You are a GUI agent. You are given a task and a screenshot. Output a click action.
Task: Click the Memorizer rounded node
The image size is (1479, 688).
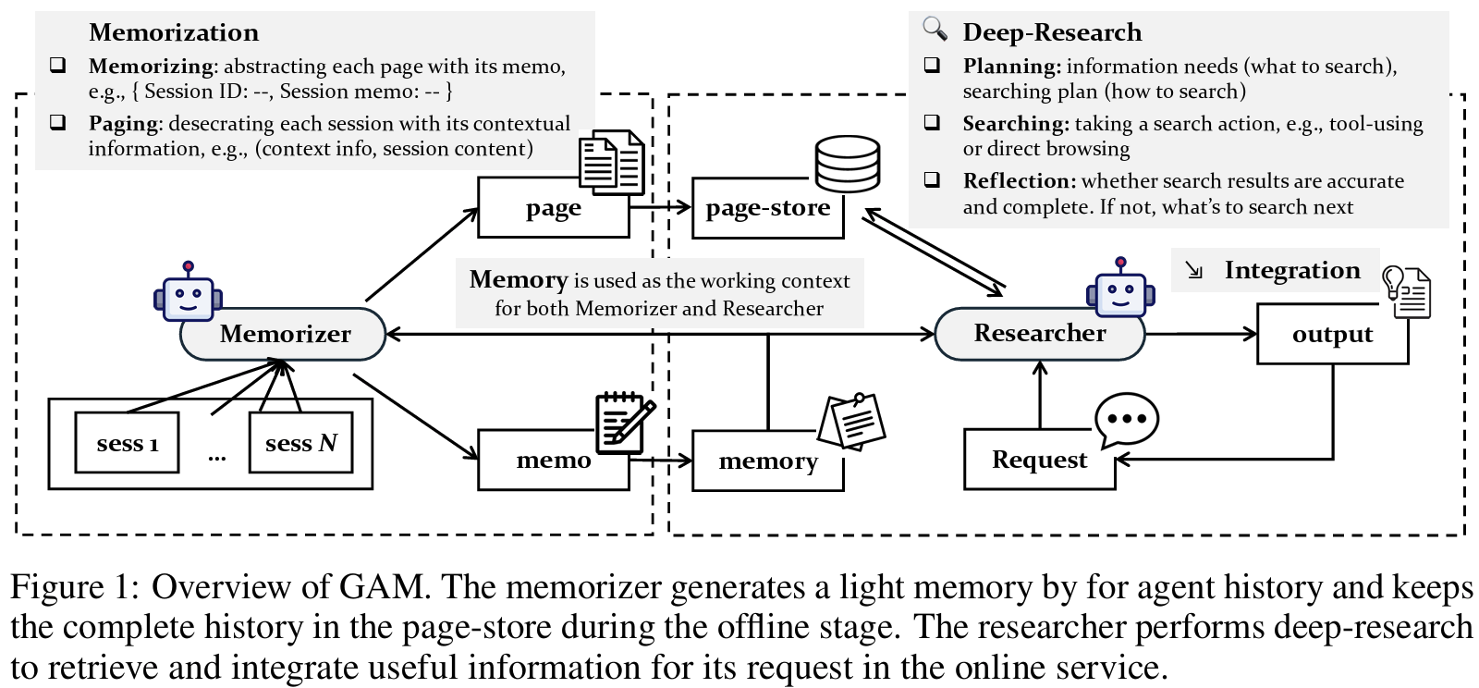coord(283,334)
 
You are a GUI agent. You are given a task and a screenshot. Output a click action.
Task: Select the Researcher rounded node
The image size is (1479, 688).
coord(1039,333)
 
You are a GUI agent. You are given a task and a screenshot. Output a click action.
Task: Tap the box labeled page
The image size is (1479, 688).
coord(553,208)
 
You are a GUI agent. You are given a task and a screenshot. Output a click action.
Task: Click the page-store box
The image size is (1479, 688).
coord(767,208)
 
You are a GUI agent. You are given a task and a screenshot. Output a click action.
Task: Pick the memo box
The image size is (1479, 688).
coord(553,460)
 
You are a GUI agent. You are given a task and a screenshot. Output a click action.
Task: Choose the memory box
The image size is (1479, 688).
coord(767,461)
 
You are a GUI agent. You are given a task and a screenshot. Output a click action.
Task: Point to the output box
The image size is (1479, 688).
coord(1332,334)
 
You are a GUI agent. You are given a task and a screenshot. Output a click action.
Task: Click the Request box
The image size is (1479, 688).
coord(1039,460)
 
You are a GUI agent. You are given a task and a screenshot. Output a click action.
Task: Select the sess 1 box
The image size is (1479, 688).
coord(127,443)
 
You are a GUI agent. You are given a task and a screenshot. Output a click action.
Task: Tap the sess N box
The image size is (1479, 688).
coord(301,443)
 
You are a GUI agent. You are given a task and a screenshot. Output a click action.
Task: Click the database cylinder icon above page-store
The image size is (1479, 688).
coord(847,163)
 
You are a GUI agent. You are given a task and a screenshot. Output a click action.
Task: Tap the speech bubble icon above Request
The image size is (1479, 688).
coord(1126,419)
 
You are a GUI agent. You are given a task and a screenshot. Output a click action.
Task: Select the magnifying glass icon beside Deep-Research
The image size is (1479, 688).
coord(935,29)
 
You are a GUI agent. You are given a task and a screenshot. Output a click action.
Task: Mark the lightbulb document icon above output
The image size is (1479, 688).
coord(1406,290)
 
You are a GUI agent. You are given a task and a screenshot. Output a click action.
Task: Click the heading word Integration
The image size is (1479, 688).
coord(1291,270)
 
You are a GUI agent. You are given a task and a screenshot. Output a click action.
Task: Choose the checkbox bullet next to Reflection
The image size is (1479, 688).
coord(932,179)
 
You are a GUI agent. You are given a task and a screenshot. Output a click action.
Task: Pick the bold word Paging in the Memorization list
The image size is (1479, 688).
coord(124,124)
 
